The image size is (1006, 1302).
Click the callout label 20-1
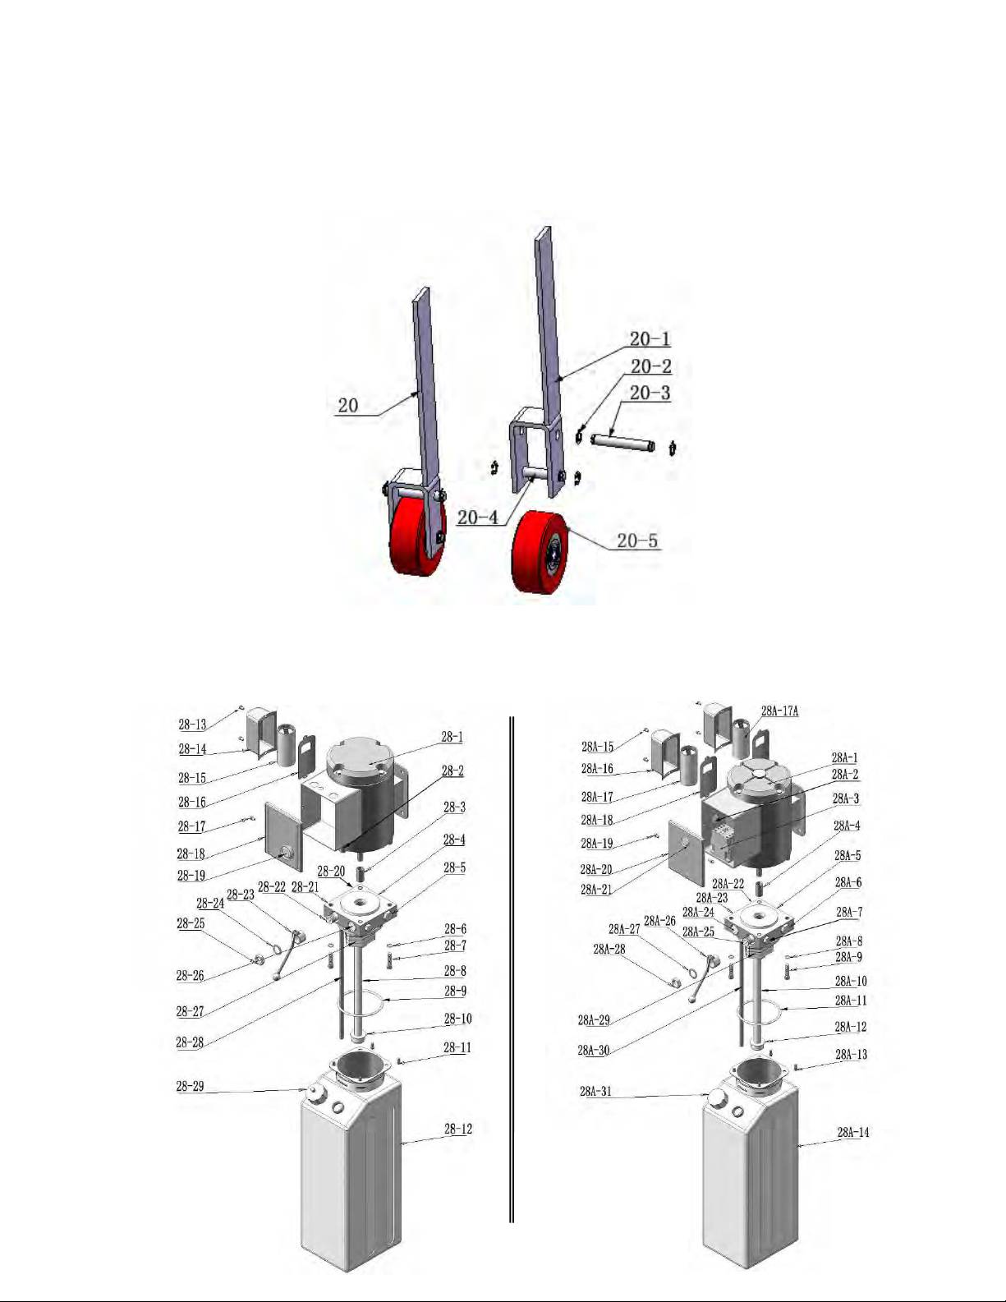pyautogui.click(x=650, y=339)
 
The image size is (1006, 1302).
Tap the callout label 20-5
pyautogui.click(x=637, y=541)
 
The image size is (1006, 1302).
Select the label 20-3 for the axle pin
pyautogui.click(x=650, y=393)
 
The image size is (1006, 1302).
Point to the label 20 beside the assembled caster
pyautogui.click(x=348, y=406)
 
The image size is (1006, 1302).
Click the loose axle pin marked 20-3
pyautogui.click(x=623, y=444)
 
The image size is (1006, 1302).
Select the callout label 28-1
pyautogui.click(x=452, y=737)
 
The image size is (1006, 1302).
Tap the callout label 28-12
pyautogui.click(x=458, y=1129)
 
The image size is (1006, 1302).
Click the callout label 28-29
pyautogui.click(x=191, y=1086)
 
